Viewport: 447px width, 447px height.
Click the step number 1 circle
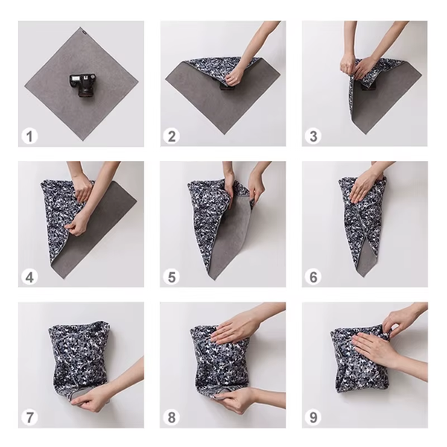[x=30, y=136]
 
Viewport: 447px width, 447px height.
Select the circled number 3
[x=314, y=136]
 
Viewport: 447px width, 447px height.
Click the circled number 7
[x=30, y=417]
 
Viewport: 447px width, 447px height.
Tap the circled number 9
[x=314, y=417]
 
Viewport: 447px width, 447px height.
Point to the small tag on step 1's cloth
[x=83, y=31]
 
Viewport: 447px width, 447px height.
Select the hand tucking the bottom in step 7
[x=94, y=401]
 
